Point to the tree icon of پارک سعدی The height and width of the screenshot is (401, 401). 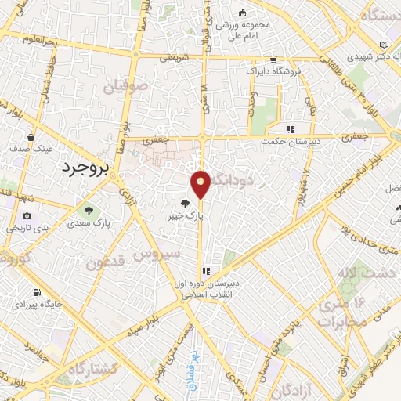point(87,209)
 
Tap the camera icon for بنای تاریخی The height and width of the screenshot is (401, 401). point(27,216)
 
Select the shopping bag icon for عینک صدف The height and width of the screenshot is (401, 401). point(31,136)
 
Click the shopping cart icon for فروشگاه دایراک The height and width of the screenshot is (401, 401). point(273,60)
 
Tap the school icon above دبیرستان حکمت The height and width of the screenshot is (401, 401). point(290,129)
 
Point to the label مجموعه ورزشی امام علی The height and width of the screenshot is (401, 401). point(244,28)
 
